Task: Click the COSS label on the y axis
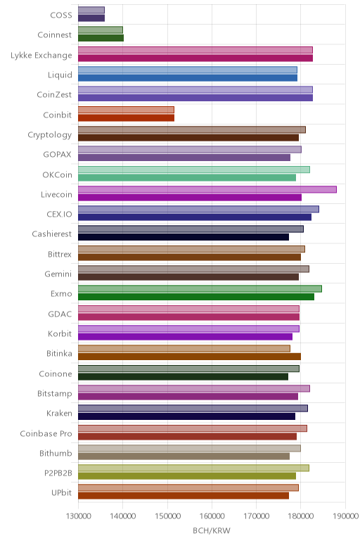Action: pyautogui.click(x=61, y=15)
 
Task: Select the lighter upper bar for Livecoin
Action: pyautogui.click(x=207, y=189)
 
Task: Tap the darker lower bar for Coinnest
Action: pyautogui.click(x=101, y=38)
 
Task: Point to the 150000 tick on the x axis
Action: pyautogui.click(x=167, y=516)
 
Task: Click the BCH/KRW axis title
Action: pyautogui.click(x=212, y=530)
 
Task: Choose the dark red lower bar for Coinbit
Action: pyautogui.click(x=126, y=117)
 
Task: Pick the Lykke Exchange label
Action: pyautogui.click(x=41, y=56)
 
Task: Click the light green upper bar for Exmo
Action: pyautogui.click(x=200, y=289)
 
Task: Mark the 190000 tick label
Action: pyautogui.click(x=345, y=516)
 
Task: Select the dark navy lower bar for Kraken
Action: pyautogui.click(x=186, y=416)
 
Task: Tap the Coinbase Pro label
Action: pyautogui.click(x=46, y=433)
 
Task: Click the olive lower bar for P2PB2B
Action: pyautogui.click(x=187, y=475)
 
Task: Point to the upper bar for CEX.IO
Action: pyautogui.click(x=198, y=209)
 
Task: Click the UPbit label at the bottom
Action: pyautogui.click(x=61, y=492)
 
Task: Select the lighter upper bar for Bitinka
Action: pyautogui.click(x=184, y=348)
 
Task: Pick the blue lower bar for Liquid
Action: pyautogui.click(x=188, y=78)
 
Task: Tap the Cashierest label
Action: pyautogui.click(x=51, y=234)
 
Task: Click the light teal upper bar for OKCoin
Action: pyautogui.click(x=194, y=170)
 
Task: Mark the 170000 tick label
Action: pyautogui.click(x=256, y=516)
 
